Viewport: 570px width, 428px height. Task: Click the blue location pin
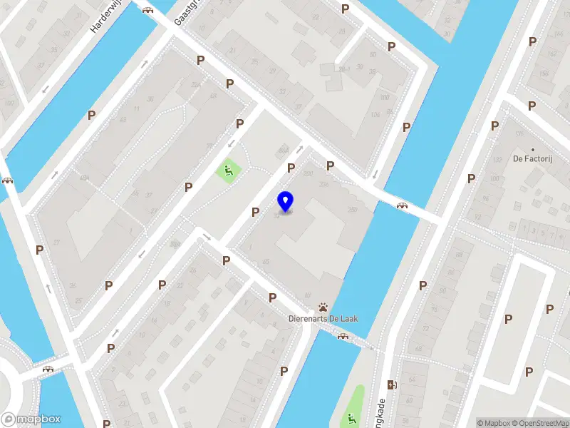pyautogui.click(x=286, y=201)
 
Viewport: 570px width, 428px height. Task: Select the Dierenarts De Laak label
pyautogui.click(x=323, y=318)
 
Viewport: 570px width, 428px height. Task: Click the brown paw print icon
pyautogui.click(x=323, y=307)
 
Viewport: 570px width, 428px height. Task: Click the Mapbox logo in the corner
pyautogui.click(x=31, y=419)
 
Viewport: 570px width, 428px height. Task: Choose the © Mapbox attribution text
pyautogui.click(x=492, y=423)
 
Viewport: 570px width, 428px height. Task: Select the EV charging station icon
pyautogui.click(x=390, y=384)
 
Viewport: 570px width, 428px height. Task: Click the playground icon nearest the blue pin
pyautogui.click(x=228, y=170)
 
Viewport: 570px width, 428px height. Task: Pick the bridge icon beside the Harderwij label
pyautogui.click(x=148, y=10)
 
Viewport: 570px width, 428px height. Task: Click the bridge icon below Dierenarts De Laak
pyautogui.click(x=343, y=336)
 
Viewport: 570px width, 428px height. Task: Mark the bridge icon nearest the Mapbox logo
pyautogui.click(x=48, y=369)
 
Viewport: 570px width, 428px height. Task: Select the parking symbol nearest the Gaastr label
pyautogui.click(x=201, y=61)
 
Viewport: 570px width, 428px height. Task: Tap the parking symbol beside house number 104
pyautogui.click(x=406, y=127)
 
